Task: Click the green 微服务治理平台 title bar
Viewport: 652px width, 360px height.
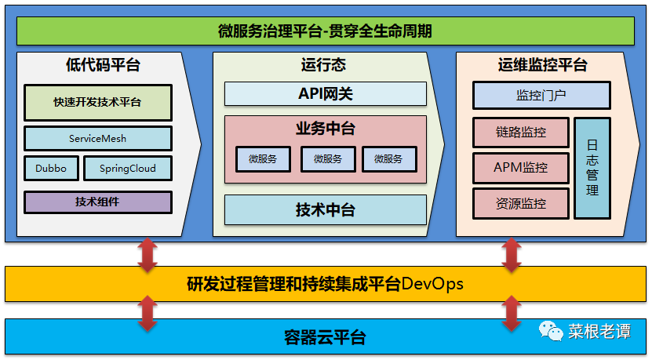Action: [x=325, y=31]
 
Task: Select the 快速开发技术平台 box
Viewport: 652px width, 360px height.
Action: [x=97, y=102]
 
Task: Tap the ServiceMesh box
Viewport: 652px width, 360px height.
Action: [x=97, y=139]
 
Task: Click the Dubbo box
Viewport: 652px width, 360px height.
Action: [x=51, y=168]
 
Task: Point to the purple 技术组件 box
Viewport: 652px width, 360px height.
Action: [x=97, y=202]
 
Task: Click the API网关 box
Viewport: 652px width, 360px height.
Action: [x=325, y=94]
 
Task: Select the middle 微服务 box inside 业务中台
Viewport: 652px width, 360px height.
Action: [x=328, y=159]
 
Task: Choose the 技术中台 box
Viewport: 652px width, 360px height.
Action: [x=325, y=210]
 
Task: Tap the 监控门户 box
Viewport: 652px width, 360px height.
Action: [x=541, y=96]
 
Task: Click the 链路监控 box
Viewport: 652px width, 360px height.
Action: [x=520, y=132]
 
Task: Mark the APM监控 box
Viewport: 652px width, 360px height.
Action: [x=520, y=167]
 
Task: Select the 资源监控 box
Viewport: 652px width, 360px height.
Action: [x=520, y=203]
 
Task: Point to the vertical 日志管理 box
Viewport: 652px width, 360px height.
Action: [x=592, y=168]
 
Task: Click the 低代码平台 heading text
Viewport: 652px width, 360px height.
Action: [x=103, y=65]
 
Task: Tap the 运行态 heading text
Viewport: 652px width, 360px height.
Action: [x=322, y=65]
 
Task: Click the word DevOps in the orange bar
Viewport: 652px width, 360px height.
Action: [x=432, y=283]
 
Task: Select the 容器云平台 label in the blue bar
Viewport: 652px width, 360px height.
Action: [x=325, y=338]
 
